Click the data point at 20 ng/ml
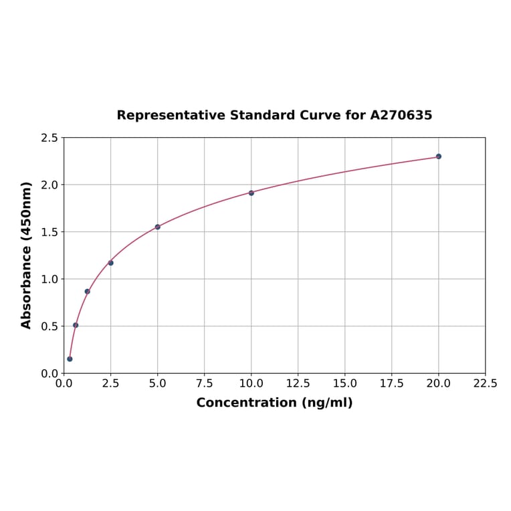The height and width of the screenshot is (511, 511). [x=439, y=157]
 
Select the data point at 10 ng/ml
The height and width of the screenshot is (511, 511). [x=251, y=193]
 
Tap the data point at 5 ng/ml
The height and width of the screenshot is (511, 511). [x=158, y=227]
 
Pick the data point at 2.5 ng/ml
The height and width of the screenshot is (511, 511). [x=111, y=263]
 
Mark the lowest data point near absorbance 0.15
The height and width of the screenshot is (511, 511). [x=70, y=359]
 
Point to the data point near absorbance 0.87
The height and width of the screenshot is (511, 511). [x=88, y=291]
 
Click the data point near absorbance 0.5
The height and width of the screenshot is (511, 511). [x=76, y=325]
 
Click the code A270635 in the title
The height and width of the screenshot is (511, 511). [x=401, y=115]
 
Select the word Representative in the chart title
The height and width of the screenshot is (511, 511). [x=171, y=115]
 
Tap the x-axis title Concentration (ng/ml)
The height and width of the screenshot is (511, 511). [x=274, y=403]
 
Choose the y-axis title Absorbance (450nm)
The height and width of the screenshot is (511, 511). [x=27, y=255]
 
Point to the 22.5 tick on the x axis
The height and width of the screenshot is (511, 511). [x=485, y=384]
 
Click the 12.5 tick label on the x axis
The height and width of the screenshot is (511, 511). [x=298, y=384]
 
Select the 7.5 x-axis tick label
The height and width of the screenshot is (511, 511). [x=204, y=384]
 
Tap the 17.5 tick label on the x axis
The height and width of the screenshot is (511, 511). [x=391, y=384]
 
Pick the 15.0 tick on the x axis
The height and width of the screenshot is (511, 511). [x=344, y=384]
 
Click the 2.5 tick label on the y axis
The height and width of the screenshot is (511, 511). [x=49, y=138]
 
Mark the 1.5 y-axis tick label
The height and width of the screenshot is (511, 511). [x=49, y=232]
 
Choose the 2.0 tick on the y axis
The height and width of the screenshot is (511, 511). [x=49, y=185]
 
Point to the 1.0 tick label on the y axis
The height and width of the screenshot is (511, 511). [x=49, y=279]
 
